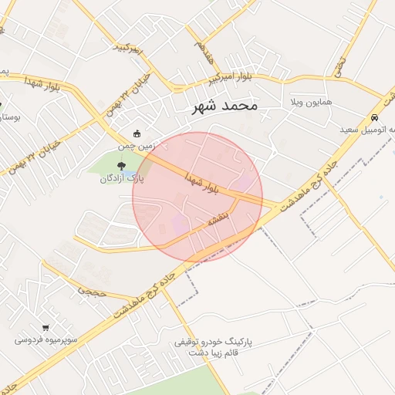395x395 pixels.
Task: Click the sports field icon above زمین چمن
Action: pyautogui.click(x=137, y=133)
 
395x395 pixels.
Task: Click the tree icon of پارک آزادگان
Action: pyautogui.click(x=120, y=165)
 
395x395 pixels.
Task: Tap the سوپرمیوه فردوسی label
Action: pyautogui.click(x=46, y=339)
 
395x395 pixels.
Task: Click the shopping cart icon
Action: pyautogui.click(x=46, y=327)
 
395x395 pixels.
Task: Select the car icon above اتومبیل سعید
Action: pyautogui.click(x=374, y=118)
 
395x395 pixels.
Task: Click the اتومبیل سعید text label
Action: pyautogui.click(x=369, y=130)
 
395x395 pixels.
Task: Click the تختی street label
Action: pyautogui.click(x=339, y=69)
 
